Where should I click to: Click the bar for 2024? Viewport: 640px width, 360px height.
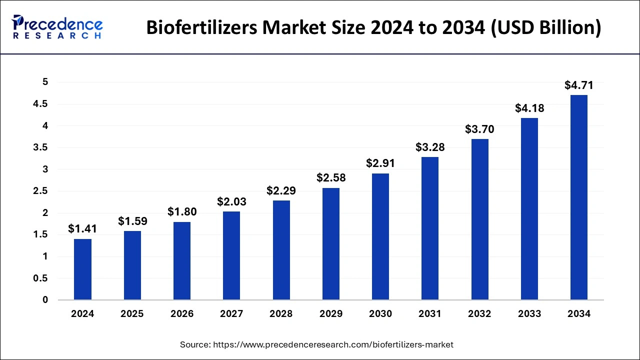pos(82,269)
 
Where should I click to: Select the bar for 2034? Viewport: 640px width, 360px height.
pos(579,197)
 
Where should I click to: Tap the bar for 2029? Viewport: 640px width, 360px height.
pos(330,244)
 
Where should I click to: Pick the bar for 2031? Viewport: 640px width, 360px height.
pos(430,228)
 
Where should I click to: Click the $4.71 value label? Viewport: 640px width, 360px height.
pos(579,85)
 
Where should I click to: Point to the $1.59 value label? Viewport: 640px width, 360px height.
pos(132,221)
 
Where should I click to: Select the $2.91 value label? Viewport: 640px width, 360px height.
pos(380,163)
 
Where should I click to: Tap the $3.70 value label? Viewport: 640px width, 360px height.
pos(479,129)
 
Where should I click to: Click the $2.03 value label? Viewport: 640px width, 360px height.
pos(231,201)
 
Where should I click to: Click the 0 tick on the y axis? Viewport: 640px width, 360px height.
pos(45,300)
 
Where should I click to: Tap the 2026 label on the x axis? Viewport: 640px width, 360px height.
pos(181,314)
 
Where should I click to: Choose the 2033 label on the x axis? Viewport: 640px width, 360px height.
pos(529,314)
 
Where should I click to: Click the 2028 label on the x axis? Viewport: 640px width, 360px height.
pos(281,314)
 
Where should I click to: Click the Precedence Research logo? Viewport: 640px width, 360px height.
pos(57,27)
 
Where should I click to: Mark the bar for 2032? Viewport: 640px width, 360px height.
pos(479,219)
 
